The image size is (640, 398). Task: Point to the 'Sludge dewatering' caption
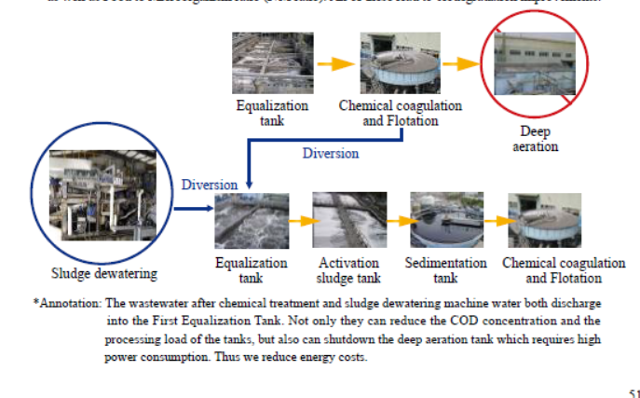click(104, 273)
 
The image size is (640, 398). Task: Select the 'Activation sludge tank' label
click(349, 270)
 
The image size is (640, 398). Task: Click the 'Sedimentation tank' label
click(446, 270)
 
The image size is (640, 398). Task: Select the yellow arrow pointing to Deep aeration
click(460, 64)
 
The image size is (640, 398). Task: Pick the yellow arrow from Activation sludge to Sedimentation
click(399, 222)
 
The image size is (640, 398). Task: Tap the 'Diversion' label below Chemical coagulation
click(331, 153)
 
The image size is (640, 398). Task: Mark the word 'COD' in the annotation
click(398, 320)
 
